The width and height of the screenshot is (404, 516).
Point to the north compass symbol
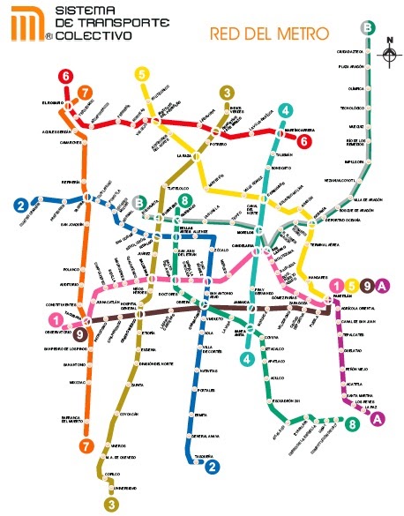(388, 53)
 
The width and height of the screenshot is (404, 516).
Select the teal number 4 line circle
(285, 110)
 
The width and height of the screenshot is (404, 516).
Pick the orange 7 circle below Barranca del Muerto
(86, 445)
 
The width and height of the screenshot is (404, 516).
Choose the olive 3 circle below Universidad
(110, 504)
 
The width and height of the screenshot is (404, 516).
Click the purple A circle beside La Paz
(378, 419)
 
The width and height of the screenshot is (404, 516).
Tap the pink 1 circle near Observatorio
(56, 320)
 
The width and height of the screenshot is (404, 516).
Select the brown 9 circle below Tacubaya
(79, 334)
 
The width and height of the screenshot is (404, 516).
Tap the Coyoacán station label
(130, 412)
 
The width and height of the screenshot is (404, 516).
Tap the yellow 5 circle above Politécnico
(142, 75)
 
